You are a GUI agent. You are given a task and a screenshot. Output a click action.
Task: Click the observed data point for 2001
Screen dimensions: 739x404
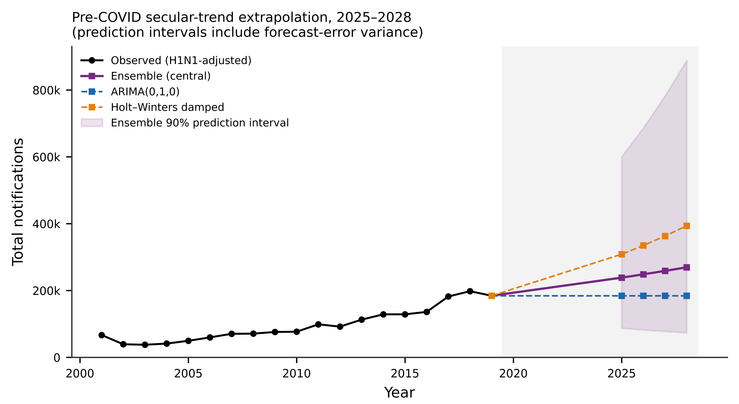click(x=102, y=335)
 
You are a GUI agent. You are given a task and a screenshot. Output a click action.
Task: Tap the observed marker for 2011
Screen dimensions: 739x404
click(x=318, y=324)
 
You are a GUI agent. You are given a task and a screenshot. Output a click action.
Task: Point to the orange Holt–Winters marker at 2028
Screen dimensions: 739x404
click(x=687, y=226)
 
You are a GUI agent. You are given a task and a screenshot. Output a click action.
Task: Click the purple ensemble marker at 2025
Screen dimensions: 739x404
click(x=622, y=278)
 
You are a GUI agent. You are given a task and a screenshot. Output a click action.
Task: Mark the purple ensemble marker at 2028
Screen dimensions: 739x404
click(x=687, y=267)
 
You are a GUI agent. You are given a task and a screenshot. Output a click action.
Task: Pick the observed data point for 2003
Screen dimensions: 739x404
click(x=145, y=345)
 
